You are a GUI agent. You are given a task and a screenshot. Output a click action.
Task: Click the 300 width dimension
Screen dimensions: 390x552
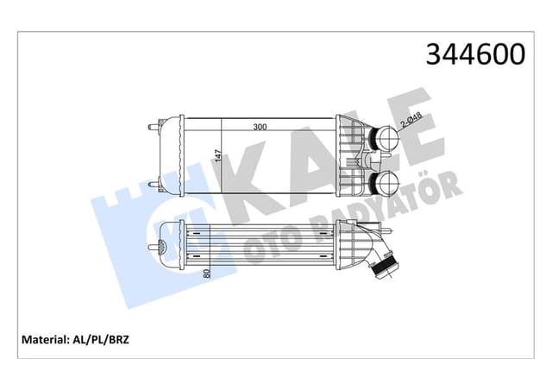[x=259, y=127]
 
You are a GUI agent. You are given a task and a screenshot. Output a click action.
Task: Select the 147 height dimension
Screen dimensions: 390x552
[x=219, y=155]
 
